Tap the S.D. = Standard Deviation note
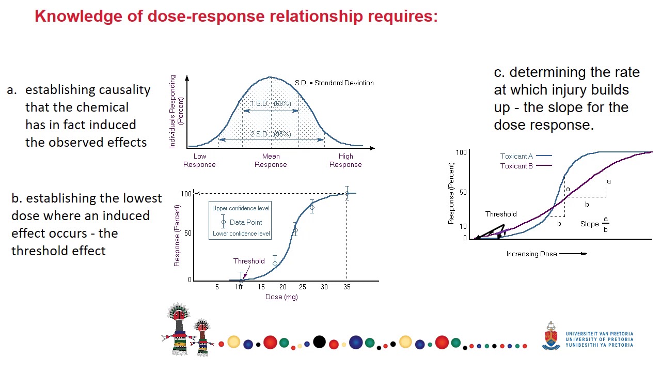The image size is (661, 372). pyautogui.click(x=334, y=83)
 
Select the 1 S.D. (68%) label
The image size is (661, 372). pyautogui.click(x=271, y=104)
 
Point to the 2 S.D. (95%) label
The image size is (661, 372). pyautogui.click(x=271, y=134)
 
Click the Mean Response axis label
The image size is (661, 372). pyautogui.click(x=271, y=160)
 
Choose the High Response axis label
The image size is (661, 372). pyautogui.click(x=345, y=160)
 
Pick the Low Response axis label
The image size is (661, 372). pyautogui.click(x=199, y=160)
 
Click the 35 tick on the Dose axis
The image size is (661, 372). pyautogui.click(x=347, y=287)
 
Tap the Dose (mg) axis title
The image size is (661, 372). pyautogui.click(x=281, y=297)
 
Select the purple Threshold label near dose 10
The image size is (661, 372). pyautogui.click(x=248, y=261)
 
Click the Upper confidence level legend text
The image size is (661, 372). pyautogui.click(x=241, y=208)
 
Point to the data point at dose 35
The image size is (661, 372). pyautogui.click(x=347, y=194)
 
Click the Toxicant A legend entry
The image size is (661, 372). pyautogui.click(x=525, y=156)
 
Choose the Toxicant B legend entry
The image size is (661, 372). pyautogui.click(x=525, y=166)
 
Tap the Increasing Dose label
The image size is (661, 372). pyautogui.click(x=531, y=254)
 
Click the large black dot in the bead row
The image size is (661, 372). pyautogui.click(x=320, y=342)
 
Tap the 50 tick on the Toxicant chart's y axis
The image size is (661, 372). pyautogui.click(x=463, y=192)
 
